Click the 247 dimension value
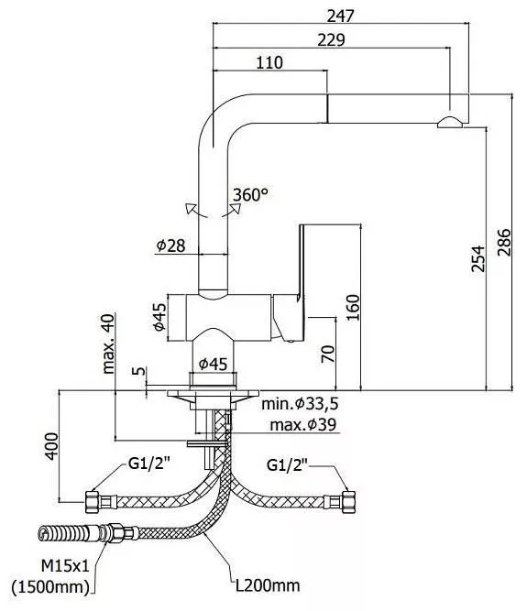[341, 16]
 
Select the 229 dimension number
[331, 39]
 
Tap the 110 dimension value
[269, 62]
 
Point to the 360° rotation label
[250, 194]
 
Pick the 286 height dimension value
[503, 242]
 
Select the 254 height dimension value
[478, 258]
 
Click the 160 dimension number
[353, 308]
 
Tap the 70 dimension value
[328, 354]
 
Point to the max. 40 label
[108, 344]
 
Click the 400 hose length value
[51, 446]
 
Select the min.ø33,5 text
[300, 404]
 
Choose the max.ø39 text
[302, 424]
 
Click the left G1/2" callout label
[149, 464]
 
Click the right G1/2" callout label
[287, 464]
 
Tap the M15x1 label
[65, 566]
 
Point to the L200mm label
[268, 585]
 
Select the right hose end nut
[348, 501]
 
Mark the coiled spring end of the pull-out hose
[62, 532]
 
